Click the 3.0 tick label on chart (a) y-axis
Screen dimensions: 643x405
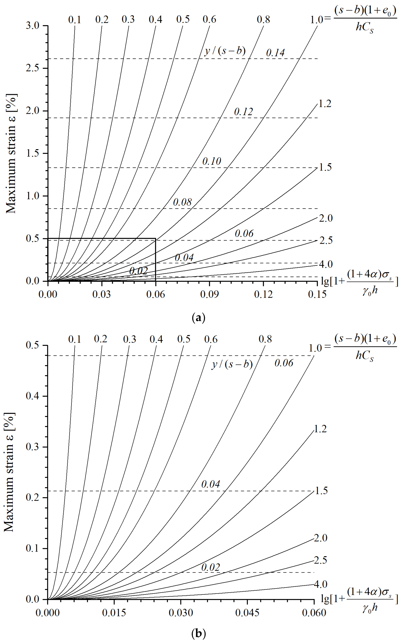point(33,26)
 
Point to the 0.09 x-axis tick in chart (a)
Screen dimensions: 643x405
point(209,294)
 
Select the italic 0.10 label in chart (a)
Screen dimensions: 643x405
point(212,161)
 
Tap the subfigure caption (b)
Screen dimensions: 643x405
point(198,633)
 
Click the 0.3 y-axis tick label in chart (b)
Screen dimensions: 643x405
point(32,447)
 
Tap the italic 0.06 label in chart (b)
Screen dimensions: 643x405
point(284,363)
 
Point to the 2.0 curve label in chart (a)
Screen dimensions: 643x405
point(326,218)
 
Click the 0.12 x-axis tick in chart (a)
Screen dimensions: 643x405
point(263,294)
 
